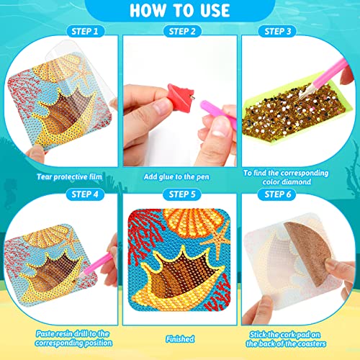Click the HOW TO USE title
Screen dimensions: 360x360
pyautogui.click(x=179, y=12)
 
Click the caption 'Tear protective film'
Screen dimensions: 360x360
pyautogui.click(x=67, y=176)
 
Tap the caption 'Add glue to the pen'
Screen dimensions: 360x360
pyautogui.click(x=180, y=176)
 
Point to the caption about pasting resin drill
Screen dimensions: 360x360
pyautogui.click(x=67, y=339)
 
